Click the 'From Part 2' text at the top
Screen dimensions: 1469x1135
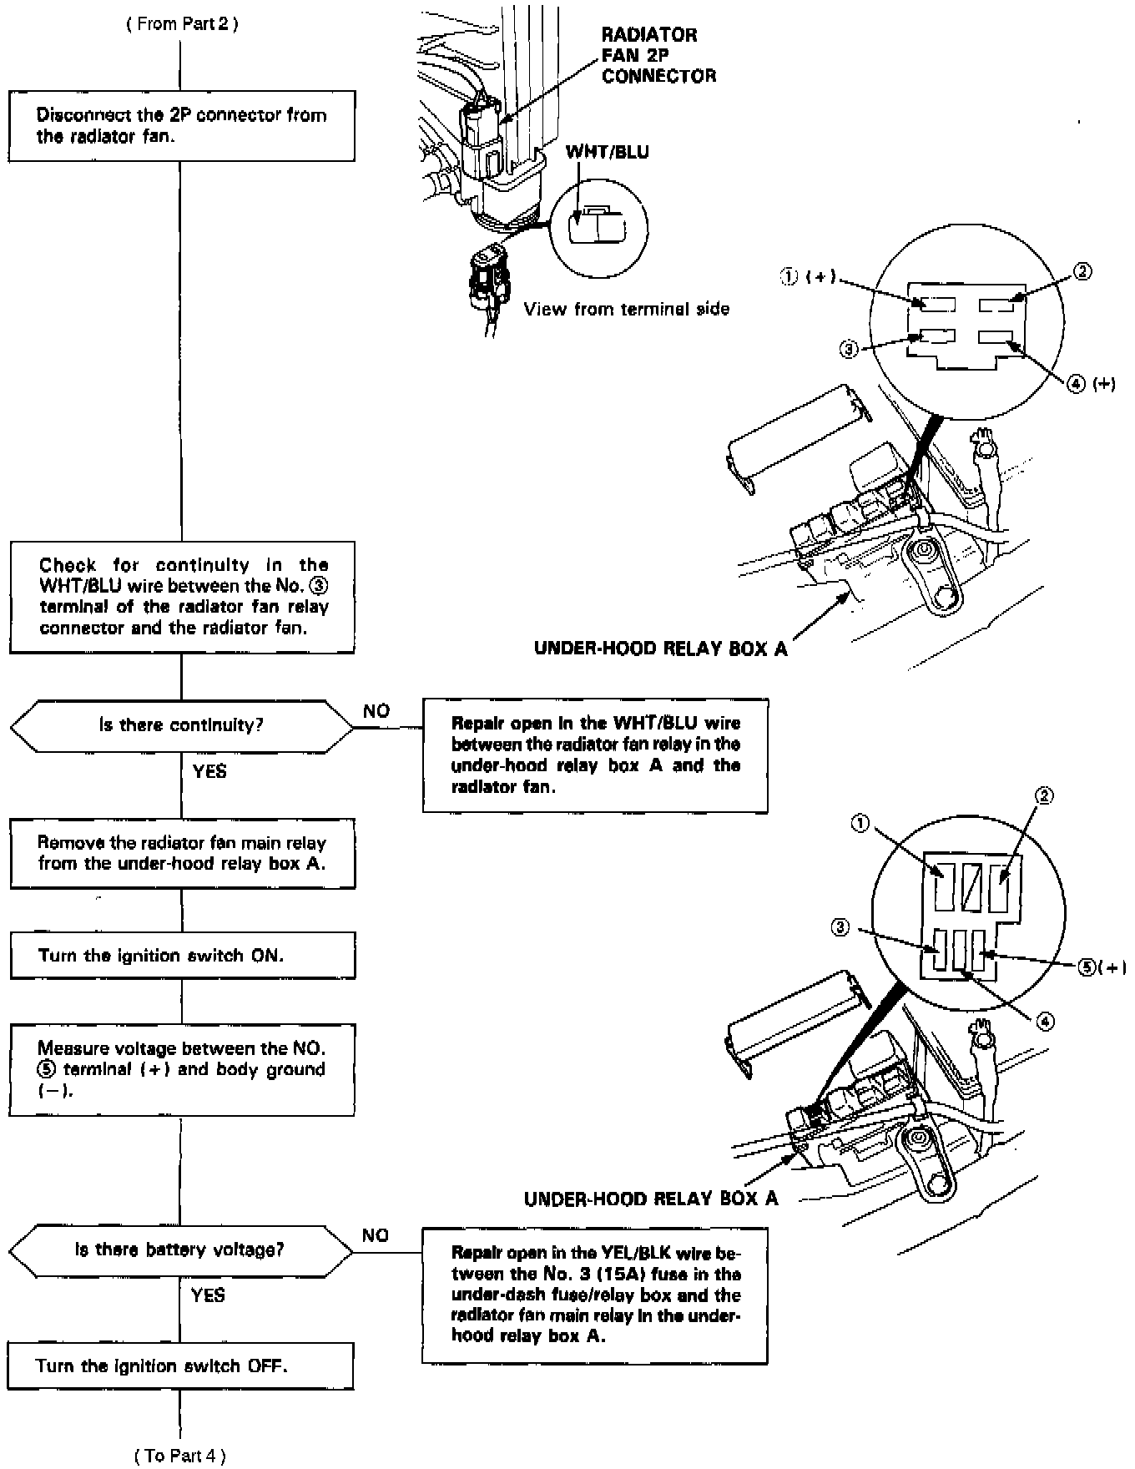[x=182, y=24]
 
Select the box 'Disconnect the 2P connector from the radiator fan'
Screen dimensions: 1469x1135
[x=182, y=126]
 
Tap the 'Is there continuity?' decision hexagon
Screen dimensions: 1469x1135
[x=182, y=726]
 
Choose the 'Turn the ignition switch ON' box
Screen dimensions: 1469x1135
[x=182, y=956]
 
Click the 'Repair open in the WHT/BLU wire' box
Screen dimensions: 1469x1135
[x=595, y=755]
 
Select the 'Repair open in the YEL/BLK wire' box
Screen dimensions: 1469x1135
[x=595, y=1295]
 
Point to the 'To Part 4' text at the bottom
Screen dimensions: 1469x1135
[x=180, y=1456]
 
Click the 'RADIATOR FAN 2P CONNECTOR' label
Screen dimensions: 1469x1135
[x=658, y=55]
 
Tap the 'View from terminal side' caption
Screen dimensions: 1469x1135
[x=627, y=310]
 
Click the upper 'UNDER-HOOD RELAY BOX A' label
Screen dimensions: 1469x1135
[x=660, y=649]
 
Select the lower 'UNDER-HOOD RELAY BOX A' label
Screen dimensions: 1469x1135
[x=651, y=1199]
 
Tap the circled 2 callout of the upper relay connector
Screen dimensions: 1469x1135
[x=1082, y=272]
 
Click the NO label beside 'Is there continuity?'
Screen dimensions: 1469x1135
[x=376, y=711]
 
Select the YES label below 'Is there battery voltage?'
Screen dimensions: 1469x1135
[x=208, y=1295]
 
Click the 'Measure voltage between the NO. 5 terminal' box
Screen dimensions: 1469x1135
[x=182, y=1069]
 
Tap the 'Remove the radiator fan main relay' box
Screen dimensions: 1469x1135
[x=182, y=853]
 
